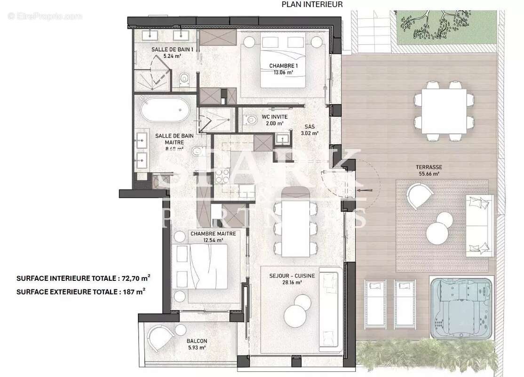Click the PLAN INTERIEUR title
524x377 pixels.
[312, 4]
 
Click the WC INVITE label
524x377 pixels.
[262, 117]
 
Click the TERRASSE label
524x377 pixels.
[429, 167]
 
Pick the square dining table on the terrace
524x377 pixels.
[444, 111]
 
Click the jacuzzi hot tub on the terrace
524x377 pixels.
[461, 309]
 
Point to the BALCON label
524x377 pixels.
[196, 341]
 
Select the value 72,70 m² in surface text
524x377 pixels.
[132, 278]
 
